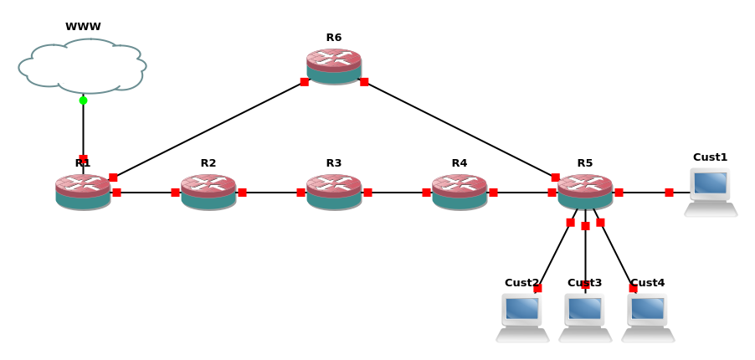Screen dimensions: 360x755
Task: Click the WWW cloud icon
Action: pyautogui.click(x=82, y=66)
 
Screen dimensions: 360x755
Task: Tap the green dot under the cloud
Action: pyautogui.click(x=83, y=100)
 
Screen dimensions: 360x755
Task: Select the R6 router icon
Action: pyautogui.click(x=334, y=66)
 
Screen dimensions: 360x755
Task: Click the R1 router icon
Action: pyautogui.click(x=83, y=192)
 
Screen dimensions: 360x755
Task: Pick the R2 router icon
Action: pyautogui.click(x=208, y=192)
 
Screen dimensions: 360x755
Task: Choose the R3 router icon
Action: pyautogui.click(x=334, y=192)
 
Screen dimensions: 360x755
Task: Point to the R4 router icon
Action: pyautogui.click(x=460, y=192)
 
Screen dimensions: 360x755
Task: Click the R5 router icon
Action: pyautogui.click(x=585, y=192)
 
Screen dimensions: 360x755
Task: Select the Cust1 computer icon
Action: pyautogui.click(x=711, y=192)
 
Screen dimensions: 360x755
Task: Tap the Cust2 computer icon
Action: pyautogui.click(x=522, y=317)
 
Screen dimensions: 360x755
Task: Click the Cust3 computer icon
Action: pyautogui.click(x=585, y=317)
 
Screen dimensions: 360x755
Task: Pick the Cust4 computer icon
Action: pyautogui.click(x=648, y=317)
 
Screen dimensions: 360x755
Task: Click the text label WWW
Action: pyautogui.click(x=83, y=27)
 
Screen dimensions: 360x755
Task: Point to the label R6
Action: pyautogui.click(x=334, y=38)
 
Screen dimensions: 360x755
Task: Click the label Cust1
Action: pyautogui.click(x=711, y=157)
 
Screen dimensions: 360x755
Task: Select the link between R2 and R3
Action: pyautogui.click(x=271, y=193)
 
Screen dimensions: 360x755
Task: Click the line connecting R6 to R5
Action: pyautogui.click(x=460, y=129)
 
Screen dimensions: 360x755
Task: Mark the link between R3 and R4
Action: pyautogui.click(x=397, y=193)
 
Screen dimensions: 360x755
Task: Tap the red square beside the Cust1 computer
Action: pyautogui.click(x=669, y=193)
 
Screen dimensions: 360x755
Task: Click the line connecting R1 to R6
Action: pyautogui.click(x=208, y=129)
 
